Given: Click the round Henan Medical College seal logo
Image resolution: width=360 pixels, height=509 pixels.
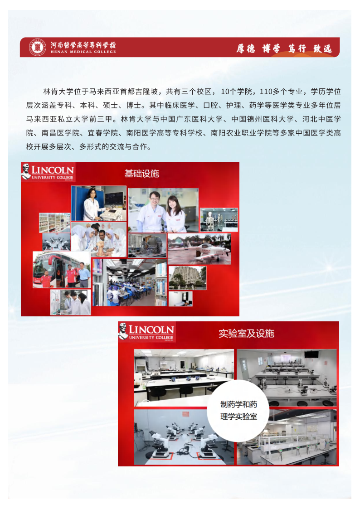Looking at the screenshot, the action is (x=38, y=47).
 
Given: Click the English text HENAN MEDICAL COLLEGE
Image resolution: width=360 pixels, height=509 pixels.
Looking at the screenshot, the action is (x=83, y=52).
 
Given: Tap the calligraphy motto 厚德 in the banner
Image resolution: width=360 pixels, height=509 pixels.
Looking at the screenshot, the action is (x=245, y=48).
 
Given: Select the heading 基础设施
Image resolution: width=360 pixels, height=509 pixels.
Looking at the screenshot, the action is (x=142, y=174).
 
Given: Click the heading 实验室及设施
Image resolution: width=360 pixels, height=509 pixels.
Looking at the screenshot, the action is (x=246, y=334).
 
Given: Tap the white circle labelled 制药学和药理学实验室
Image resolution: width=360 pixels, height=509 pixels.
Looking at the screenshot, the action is (x=238, y=411).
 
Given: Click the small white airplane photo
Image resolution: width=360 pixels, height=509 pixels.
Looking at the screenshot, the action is (x=199, y=249).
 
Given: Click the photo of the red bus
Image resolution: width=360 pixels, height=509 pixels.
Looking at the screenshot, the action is (x=62, y=270).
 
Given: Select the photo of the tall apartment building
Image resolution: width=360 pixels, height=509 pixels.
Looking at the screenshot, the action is (x=187, y=278).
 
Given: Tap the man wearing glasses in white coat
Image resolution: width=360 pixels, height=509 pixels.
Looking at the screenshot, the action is (x=151, y=212).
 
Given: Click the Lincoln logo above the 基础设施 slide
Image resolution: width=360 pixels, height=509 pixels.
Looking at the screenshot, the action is (x=48, y=172).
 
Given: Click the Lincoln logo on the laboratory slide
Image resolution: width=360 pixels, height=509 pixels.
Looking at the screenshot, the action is (x=146, y=332).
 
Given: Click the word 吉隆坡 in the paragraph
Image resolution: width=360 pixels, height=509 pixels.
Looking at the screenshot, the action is (x=146, y=92).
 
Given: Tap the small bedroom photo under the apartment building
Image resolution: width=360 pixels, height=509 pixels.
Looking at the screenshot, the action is (x=180, y=299).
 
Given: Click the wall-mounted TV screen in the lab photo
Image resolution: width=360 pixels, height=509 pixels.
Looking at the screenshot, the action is (x=311, y=354).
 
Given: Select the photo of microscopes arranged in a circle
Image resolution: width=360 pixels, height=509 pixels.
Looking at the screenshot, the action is (x=184, y=437).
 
